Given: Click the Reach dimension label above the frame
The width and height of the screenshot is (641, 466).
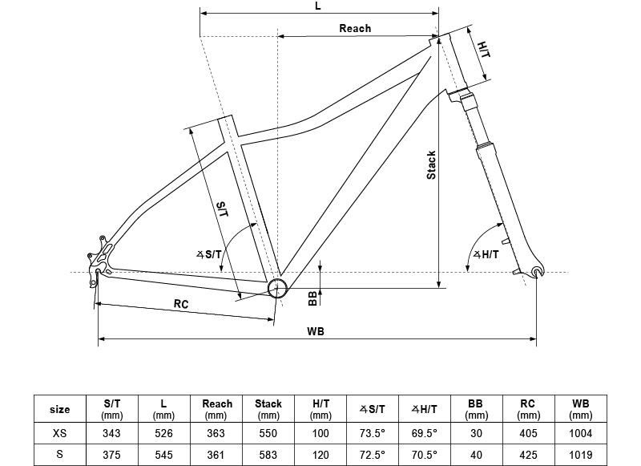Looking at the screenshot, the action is tap(355, 28).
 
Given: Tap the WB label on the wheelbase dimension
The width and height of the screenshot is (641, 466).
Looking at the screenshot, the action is tap(316, 331).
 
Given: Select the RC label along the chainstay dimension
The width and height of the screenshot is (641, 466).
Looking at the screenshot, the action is tap(181, 304).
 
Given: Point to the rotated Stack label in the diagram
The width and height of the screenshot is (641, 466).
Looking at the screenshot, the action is tap(431, 165).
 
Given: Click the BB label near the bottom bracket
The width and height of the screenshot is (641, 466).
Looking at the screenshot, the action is tap(312, 298).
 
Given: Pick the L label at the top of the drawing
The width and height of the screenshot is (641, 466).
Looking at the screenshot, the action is tap(318, 6).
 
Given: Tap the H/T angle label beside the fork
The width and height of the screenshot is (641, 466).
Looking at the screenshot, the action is tap(486, 254).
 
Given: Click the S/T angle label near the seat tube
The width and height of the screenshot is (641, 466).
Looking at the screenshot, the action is tap(209, 254).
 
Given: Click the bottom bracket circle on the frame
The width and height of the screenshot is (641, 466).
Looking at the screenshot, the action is tap(277, 289).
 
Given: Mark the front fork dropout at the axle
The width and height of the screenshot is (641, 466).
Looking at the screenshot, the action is tap(537, 271).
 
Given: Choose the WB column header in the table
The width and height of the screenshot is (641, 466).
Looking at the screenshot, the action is tap(580, 409).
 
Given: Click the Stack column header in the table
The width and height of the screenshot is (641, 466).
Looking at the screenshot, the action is tap(268, 409).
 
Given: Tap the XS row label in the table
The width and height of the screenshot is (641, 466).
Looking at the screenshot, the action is tap(59, 433).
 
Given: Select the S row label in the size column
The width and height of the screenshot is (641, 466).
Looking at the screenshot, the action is tap(59, 454).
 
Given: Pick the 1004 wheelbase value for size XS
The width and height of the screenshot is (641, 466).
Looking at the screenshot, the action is tap(580, 433).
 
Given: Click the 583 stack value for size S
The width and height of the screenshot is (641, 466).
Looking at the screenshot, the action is tap(268, 455).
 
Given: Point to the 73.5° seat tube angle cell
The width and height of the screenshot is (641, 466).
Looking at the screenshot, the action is tap(373, 433).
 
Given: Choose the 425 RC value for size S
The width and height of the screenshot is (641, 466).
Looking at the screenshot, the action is tap(528, 455).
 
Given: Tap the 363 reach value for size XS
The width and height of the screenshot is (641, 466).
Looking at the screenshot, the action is tap(216, 433).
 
